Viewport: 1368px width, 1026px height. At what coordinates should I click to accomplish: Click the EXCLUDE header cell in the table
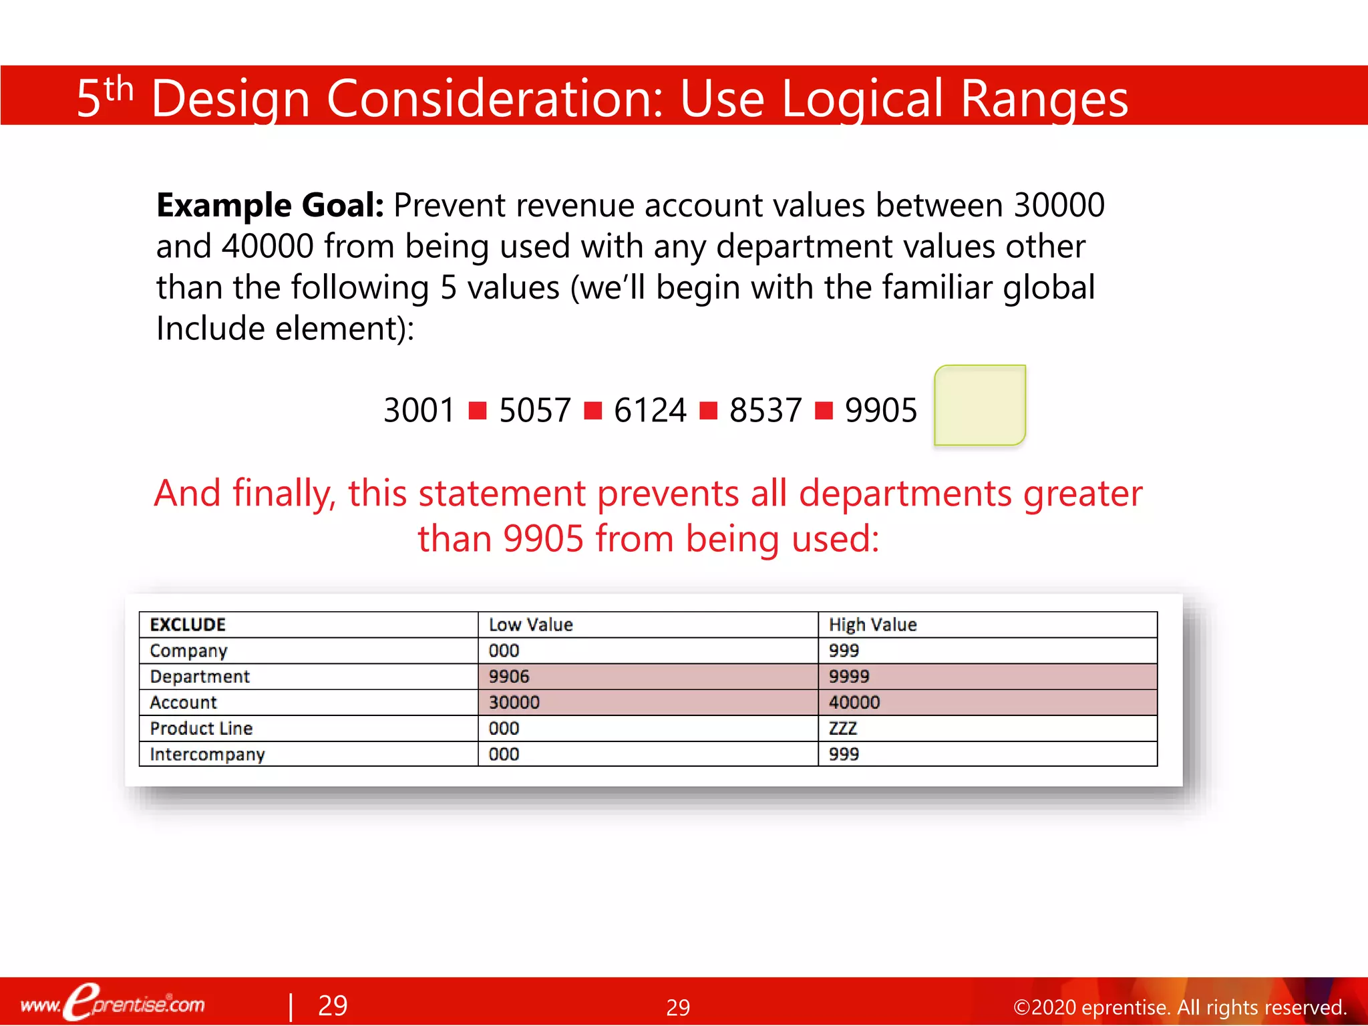coord(188,625)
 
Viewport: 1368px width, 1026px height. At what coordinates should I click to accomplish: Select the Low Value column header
coord(531,625)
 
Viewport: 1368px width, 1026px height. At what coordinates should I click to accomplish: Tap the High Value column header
coord(872,625)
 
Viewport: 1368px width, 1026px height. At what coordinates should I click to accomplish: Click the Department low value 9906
coord(509,677)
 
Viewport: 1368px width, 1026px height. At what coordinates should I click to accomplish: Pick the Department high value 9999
coord(849,677)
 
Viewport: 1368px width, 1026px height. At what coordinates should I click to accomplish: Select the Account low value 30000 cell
coord(514,703)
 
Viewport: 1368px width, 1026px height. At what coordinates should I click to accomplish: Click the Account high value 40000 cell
coord(854,703)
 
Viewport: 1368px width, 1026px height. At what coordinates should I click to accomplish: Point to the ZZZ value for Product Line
coord(843,728)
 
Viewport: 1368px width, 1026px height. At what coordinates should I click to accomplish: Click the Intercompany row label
coord(207,754)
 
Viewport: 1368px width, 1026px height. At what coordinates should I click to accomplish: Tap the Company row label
coord(188,651)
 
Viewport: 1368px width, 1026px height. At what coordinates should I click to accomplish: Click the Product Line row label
coord(201,728)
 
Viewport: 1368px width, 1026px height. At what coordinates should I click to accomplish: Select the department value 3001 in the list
coord(419,410)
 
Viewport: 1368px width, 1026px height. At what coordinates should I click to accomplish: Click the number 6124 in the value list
coord(650,410)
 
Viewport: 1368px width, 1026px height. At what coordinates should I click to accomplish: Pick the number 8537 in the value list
coord(765,410)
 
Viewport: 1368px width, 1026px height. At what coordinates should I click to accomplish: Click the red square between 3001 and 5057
coord(478,410)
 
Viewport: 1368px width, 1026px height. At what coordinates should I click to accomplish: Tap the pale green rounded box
coord(980,405)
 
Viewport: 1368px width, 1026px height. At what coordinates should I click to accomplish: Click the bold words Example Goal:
coord(270,205)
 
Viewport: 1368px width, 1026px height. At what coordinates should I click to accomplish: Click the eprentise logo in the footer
coord(114,1003)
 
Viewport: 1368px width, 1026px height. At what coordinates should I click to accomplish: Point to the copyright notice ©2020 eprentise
coord(1179,1007)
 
